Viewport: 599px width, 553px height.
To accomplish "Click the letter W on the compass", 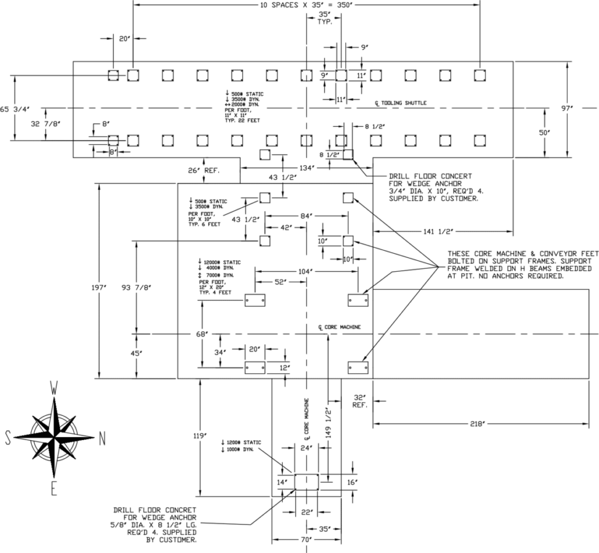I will coord(55,388).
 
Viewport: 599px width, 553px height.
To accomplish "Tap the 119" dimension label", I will coord(199,436).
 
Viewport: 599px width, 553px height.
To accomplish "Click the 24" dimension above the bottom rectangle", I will coord(306,448).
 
